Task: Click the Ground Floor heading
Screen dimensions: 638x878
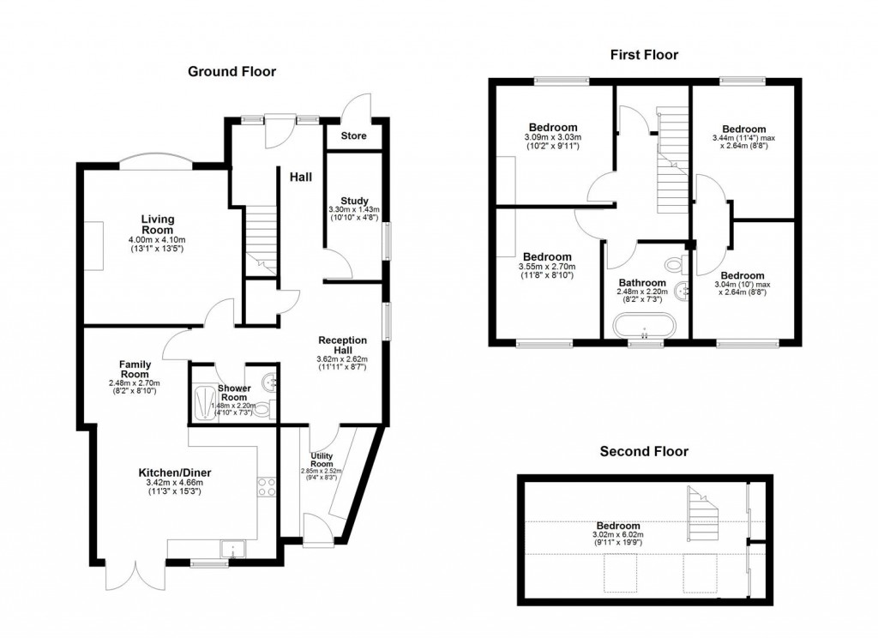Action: pos(232,72)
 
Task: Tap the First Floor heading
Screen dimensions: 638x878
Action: pos(644,55)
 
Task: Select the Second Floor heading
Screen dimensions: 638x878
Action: pos(644,451)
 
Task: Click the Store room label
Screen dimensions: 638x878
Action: pos(353,136)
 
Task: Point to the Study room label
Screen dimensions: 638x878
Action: pos(353,202)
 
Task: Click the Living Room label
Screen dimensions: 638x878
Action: pos(157,225)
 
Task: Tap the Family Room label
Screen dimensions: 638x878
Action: pos(135,369)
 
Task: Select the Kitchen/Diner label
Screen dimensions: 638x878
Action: pos(175,472)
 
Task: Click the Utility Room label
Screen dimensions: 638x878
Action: pos(322,458)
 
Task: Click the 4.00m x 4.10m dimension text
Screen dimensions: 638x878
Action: pos(157,240)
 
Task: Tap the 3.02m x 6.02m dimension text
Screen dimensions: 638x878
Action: pos(618,534)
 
